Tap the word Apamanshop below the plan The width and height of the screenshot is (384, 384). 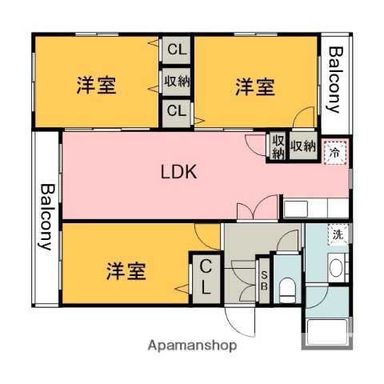point(193,346)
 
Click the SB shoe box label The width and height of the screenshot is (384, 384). point(263,280)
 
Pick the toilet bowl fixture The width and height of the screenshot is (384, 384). point(287,289)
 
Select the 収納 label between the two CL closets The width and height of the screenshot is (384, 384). point(177,80)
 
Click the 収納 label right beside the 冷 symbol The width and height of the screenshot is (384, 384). point(302,146)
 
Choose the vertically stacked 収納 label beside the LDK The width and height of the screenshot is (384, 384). point(278,147)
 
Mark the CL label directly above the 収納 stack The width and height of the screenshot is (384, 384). point(176,50)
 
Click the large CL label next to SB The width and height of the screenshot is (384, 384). point(205,277)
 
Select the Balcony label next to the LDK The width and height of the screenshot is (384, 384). point(46,217)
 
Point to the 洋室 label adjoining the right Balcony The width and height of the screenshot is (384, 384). point(255,86)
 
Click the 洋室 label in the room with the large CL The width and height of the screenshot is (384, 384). point(126,271)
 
